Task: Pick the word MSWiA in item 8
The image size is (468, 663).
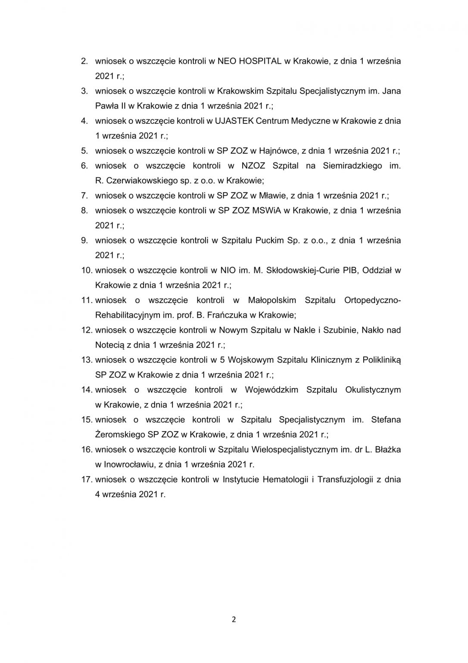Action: click(x=266, y=211)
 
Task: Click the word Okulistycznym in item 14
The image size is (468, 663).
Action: click(x=373, y=390)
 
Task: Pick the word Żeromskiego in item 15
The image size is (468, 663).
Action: click(x=120, y=435)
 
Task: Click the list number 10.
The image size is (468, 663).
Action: click(x=87, y=270)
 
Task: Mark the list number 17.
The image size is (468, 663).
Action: click(x=87, y=480)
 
